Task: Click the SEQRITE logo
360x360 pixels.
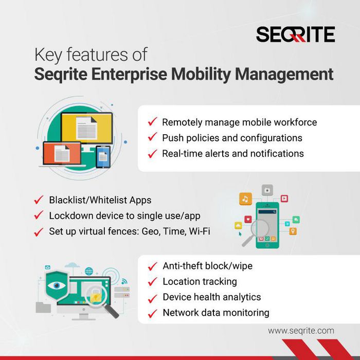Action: click(295, 34)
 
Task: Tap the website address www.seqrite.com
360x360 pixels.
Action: click(301, 331)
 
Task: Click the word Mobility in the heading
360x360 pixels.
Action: click(200, 74)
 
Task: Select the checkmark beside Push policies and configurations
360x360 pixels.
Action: click(152, 138)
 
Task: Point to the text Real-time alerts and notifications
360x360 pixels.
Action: click(232, 153)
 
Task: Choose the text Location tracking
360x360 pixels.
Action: click(200, 281)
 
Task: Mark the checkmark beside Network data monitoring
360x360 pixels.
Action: click(152, 313)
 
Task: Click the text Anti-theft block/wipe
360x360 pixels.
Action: click(207, 266)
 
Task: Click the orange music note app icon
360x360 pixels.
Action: click(246, 199)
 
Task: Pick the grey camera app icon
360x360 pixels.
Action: click(266, 190)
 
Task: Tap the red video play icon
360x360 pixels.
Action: click(284, 199)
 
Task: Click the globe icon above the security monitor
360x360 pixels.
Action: click(89, 271)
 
